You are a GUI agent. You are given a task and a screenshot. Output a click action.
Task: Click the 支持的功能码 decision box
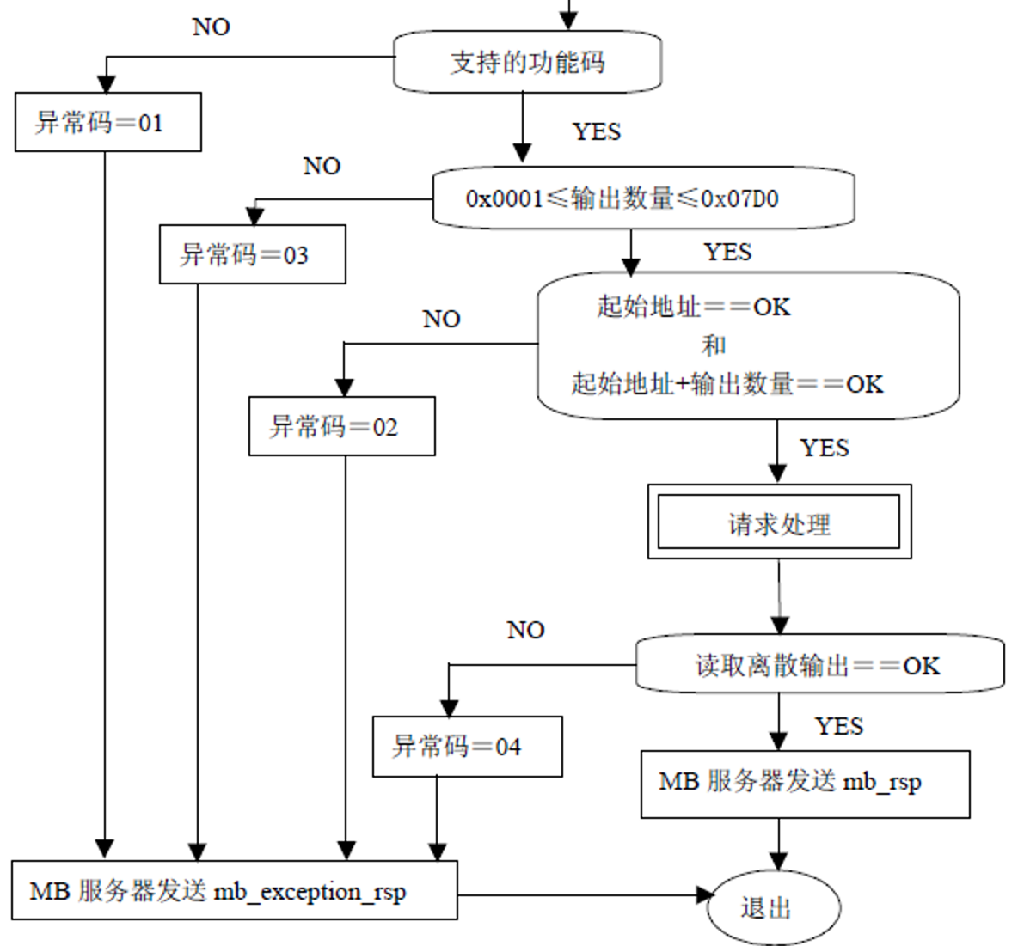click(x=527, y=62)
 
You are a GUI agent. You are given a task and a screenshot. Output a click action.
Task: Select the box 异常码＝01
click(x=108, y=122)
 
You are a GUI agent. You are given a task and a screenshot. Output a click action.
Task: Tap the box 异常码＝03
click(x=253, y=254)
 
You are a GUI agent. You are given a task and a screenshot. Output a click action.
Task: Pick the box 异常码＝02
click(x=342, y=426)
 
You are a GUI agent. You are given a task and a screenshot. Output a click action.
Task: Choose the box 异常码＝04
click(x=467, y=746)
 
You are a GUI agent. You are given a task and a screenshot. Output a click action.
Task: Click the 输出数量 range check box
click(x=643, y=198)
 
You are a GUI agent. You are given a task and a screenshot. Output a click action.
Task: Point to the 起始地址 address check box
click(x=748, y=345)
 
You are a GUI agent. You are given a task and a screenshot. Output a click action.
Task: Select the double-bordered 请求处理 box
click(x=779, y=522)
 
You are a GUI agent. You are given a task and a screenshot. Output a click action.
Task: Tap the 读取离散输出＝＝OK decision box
click(x=819, y=664)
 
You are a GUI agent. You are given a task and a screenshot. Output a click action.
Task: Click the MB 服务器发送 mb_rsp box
click(x=805, y=783)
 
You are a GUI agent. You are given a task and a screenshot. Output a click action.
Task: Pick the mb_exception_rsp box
click(x=234, y=890)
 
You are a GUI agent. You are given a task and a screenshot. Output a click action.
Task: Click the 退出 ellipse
click(x=773, y=907)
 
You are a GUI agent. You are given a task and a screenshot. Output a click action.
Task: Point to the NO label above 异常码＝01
click(x=211, y=27)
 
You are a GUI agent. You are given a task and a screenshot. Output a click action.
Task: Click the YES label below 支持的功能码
click(x=597, y=131)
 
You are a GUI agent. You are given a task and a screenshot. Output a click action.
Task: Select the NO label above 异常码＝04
click(x=525, y=630)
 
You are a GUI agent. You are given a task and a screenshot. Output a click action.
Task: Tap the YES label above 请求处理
click(x=824, y=448)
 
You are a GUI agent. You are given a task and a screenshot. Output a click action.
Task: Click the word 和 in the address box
click(x=714, y=345)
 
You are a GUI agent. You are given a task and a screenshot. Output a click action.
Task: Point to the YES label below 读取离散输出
click(x=838, y=727)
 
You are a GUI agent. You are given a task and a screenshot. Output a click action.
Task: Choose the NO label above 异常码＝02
click(x=441, y=320)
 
